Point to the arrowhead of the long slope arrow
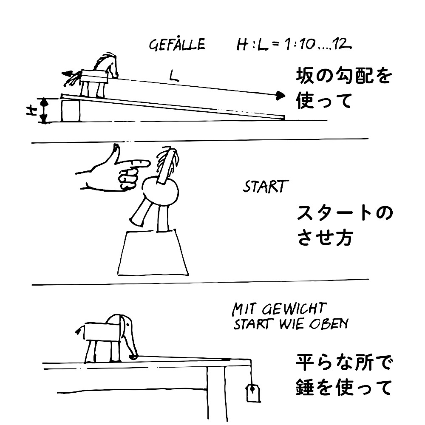[279, 96]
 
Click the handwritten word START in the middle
[266, 187]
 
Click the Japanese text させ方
[324, 238]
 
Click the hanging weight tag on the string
[252, 392]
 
